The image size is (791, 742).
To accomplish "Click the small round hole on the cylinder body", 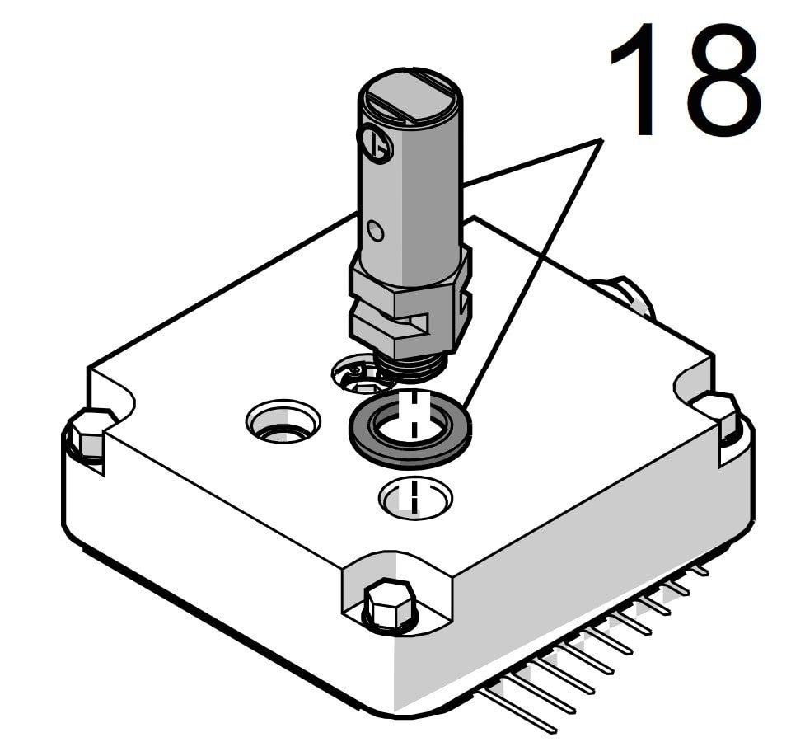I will [376, 232].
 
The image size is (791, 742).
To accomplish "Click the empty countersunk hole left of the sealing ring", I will [283, 422].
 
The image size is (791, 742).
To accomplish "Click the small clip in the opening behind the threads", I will [354, 375].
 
